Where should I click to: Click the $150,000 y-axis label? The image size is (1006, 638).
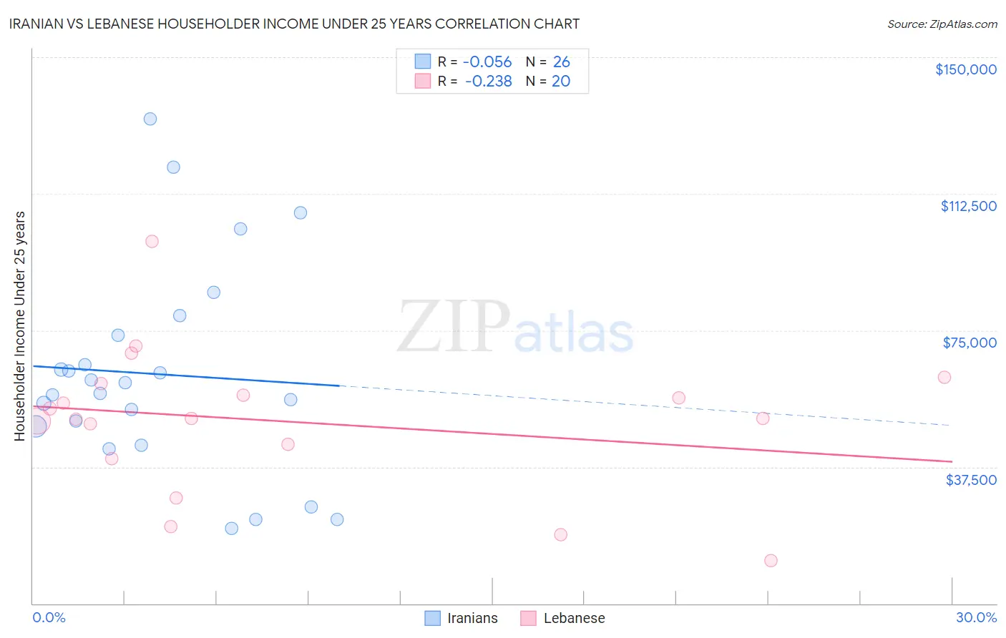tap(965, 69)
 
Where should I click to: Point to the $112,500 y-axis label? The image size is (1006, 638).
tap(968, 206)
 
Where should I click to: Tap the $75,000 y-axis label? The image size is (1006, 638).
tap(970, 343)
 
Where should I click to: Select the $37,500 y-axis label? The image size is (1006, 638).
tap(971, 480)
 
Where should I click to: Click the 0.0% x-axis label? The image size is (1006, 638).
tap(49, 617)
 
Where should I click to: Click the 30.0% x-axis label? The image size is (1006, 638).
tap(976, 617)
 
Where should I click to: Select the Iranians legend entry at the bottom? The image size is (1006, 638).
tap(462, 618)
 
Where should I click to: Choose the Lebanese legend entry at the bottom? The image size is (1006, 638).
tap(563, 618)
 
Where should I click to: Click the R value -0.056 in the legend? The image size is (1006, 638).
tap(487, 62)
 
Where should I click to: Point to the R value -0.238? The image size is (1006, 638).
tap(488, 82)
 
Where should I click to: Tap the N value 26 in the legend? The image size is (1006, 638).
tap(561, 62)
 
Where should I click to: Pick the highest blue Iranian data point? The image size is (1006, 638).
tap(150, 119)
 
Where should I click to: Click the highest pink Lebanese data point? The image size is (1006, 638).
tap(152, 241)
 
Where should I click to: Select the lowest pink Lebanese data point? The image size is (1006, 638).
tap(771, 560)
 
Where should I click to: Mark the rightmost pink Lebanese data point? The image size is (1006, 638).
tap(944, 377)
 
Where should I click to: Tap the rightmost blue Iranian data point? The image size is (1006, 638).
tap(337, 519)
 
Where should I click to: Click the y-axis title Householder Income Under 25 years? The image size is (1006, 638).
tap(19, 325)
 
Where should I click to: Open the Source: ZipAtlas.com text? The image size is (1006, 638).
tap(942, 24)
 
